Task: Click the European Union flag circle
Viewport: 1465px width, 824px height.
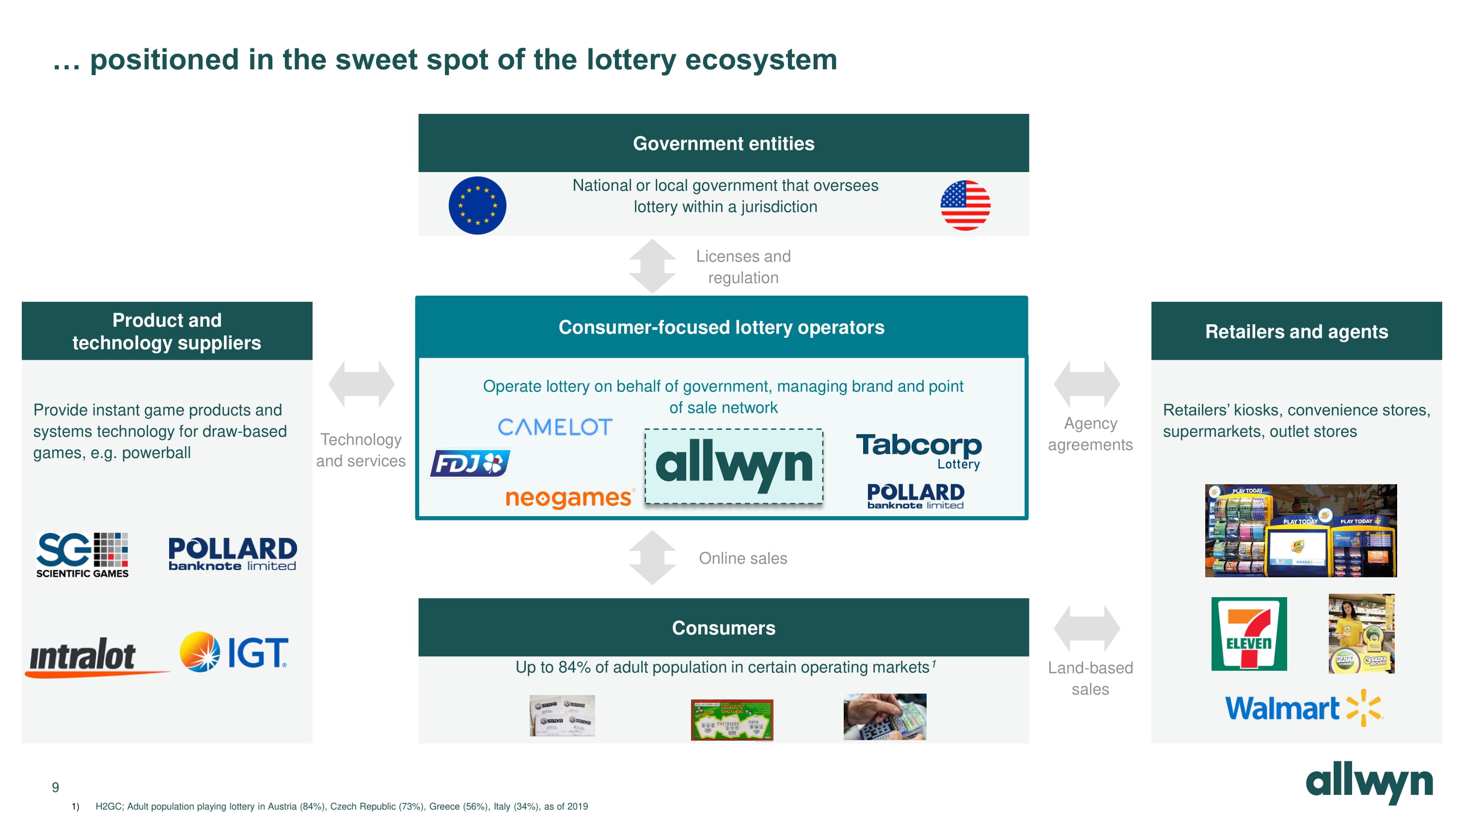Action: coord(477,206)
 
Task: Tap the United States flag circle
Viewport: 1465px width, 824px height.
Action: coord(965,206)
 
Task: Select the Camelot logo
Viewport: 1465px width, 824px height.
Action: coord(554,427)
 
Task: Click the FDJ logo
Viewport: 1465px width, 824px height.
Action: coord(470,463)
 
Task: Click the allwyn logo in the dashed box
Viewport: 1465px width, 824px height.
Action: coord(734,466)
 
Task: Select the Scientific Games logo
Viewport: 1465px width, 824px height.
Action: coord(82,555)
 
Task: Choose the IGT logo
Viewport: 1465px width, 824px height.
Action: coord(234,652)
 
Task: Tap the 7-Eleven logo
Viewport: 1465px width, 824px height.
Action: coord(1249,634)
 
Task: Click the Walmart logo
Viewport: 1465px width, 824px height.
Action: coord(1303,708)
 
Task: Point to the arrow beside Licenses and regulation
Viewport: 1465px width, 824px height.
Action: coord(652,266)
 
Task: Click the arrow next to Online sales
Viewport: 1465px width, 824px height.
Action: coord(652,558)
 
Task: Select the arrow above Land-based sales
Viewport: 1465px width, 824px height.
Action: coord(1087,628)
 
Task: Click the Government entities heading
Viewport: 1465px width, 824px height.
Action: coord(724,143)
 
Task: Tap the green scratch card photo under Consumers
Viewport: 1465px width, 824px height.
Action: coord(732,719)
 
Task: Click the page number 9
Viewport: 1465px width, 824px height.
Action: coord(55,787)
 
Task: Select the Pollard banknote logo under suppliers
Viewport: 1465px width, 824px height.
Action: coord(233,554)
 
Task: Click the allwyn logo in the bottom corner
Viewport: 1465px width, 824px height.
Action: coord(1370,782)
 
